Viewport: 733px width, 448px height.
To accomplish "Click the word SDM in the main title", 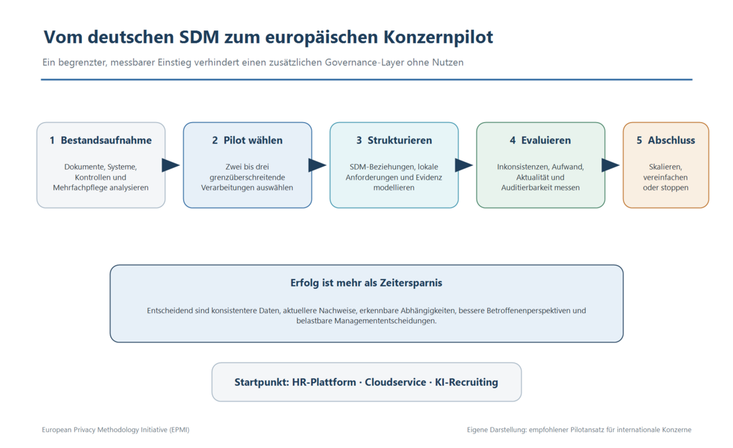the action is tap(199, 37).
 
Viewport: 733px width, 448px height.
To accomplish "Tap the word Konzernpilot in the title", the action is tap(438, 38).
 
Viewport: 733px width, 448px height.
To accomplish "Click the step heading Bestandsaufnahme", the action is tap(106, 140).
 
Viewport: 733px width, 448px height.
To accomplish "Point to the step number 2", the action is tap(215, 140).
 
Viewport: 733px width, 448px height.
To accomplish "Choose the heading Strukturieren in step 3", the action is tap(400, 140).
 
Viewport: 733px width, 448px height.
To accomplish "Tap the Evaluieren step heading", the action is tap(546, 140).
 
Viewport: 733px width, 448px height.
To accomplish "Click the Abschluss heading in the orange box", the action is tap(672, 140).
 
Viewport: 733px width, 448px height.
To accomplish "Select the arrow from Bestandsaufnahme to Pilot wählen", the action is tap(171, 165).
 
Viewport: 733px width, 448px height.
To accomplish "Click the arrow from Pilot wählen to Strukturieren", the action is tap(317, 165).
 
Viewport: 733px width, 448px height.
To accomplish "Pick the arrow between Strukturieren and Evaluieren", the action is tap(464, 165).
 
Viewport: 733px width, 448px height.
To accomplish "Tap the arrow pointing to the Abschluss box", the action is tap(611, 165).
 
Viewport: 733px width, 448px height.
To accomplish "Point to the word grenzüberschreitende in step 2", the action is tap(247, 178).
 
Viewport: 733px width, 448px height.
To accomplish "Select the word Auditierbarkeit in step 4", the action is tap(527, 188).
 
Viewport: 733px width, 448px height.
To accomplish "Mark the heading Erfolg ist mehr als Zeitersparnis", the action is tap(366, 283).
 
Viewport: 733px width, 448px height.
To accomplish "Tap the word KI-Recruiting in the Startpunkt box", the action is tap(467, 382).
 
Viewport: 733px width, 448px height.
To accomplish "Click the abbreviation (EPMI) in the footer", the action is tap(180, 429).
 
